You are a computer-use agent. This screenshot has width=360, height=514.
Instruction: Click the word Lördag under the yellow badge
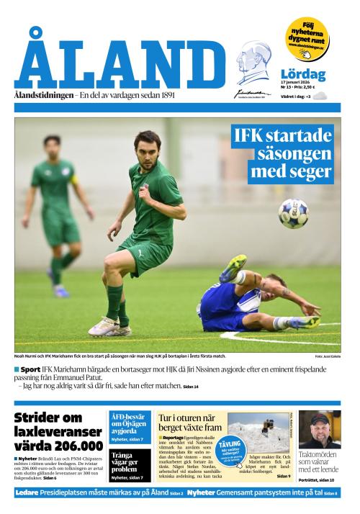(303, 75)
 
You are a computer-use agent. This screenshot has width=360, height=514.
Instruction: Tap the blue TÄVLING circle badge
(230, 449)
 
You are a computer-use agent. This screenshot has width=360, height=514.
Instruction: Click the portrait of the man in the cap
(319, 430)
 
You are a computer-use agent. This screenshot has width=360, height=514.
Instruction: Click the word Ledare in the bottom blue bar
(27, 492)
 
